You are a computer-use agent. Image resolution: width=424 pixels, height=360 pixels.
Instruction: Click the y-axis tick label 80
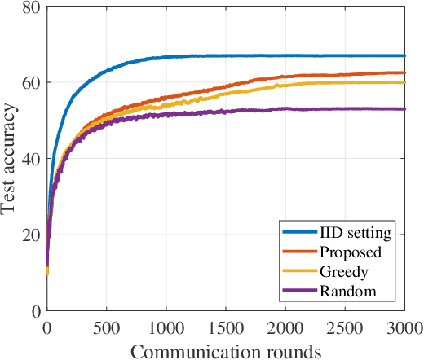[x=31, y=8]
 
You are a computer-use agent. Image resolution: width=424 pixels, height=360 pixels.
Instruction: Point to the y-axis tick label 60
[x=31, y=83]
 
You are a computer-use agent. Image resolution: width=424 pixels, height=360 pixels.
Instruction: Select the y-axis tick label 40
[x=31, y=159]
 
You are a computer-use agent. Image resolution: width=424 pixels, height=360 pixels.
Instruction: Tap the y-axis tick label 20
[x=31, y=235]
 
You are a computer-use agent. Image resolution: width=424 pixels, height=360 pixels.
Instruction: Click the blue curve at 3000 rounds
[x=405, y=56]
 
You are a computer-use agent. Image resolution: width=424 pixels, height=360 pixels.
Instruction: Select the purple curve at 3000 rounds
[x=405, y=109]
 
